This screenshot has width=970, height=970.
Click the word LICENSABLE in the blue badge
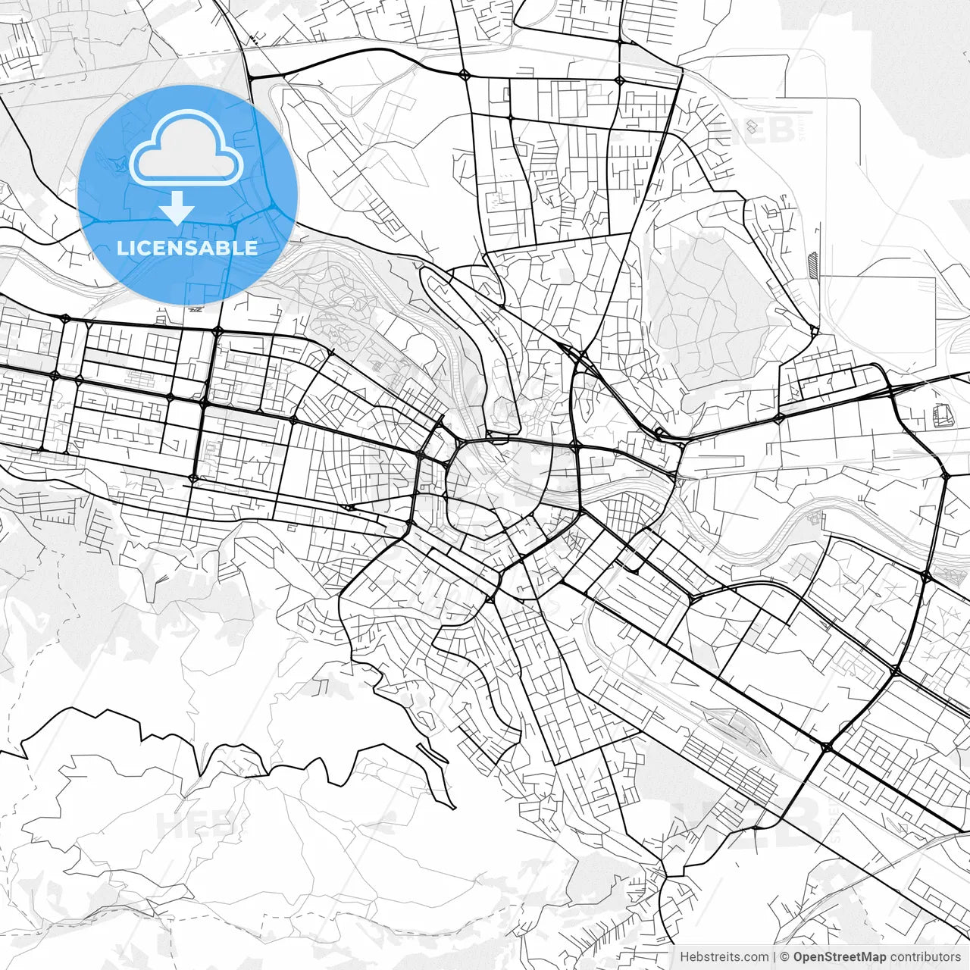pos(187,249)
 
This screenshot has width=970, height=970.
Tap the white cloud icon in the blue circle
pos(186,149)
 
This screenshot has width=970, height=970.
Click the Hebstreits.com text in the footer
pos(724,957)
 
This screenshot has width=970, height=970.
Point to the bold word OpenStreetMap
pos(840,957)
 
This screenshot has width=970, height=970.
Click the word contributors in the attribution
pos(925,957)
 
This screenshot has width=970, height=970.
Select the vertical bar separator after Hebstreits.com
pos(774,957)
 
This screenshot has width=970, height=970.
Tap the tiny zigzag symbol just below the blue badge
pos(196,308)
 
